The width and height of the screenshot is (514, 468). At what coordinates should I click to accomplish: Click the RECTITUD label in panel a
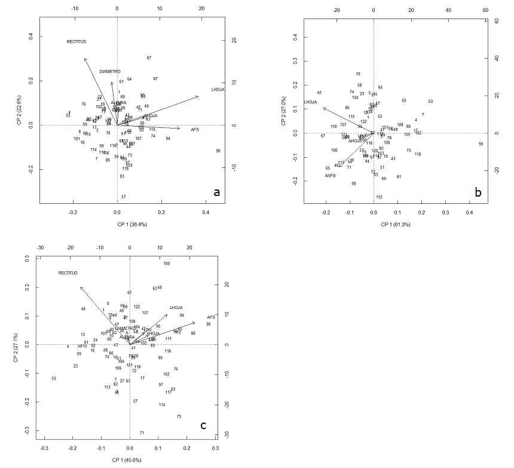(77, 42)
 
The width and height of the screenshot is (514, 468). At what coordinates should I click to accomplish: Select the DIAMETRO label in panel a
(110, 72)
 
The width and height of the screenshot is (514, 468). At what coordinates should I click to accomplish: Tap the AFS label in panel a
(195, 130)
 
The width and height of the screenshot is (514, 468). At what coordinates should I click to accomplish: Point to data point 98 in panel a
(218, 151)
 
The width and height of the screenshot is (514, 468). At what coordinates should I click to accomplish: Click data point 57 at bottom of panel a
(123, 197)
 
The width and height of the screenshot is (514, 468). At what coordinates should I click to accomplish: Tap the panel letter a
(216, 192)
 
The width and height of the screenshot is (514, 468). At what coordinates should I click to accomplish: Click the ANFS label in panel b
(331, 176)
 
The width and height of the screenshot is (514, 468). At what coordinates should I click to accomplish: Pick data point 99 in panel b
(481, 144)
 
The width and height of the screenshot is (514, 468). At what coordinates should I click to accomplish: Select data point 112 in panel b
(379, 197)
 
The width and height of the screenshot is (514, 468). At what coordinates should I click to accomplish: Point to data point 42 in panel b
(319, 93)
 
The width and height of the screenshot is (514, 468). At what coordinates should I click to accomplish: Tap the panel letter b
(478, 192)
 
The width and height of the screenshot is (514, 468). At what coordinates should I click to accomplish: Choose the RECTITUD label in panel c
(68, 273)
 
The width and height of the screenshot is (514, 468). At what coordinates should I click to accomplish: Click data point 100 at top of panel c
(167, 264)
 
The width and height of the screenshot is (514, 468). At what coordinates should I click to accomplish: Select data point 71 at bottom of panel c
(142, 433)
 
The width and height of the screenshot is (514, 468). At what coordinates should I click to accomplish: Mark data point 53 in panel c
(54, 378)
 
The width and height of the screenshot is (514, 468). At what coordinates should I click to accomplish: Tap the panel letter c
(203, 426)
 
